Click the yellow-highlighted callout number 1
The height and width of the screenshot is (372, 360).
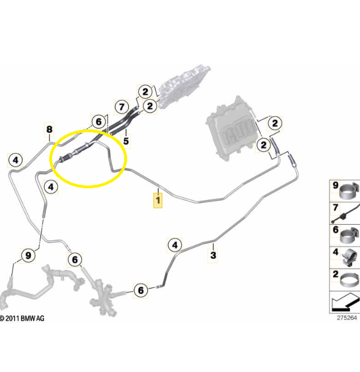158,201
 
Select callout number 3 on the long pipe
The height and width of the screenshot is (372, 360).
213,255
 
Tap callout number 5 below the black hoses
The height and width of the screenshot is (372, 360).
126,141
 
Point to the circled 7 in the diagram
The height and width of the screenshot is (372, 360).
121,107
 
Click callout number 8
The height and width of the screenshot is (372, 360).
49,129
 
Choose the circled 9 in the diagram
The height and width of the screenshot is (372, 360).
28,255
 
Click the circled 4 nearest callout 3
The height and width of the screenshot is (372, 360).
175,245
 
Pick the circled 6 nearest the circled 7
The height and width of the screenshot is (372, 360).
99,122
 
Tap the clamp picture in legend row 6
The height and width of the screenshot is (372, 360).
349,235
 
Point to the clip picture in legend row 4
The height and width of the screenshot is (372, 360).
349,258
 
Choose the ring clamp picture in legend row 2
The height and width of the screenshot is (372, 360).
349,280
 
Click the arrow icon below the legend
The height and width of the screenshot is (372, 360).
345,303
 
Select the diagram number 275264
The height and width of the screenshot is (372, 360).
347,318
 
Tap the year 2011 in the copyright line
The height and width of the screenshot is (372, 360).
12,318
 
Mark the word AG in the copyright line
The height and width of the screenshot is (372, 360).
40,318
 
